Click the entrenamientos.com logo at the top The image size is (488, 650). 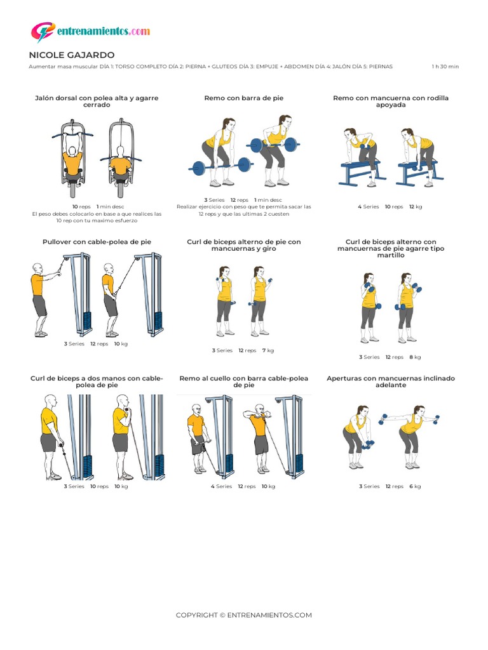(90, 31)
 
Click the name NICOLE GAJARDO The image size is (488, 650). (72, 55)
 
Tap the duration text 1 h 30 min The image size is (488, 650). (445, 67)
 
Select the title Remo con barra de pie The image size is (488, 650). (243, 98)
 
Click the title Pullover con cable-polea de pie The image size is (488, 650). (97, 242)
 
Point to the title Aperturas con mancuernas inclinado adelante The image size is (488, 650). (391, 381)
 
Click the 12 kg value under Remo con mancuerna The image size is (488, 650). (416, 206)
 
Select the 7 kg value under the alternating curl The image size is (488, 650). (268, 350)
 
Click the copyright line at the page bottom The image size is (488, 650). (244, 615)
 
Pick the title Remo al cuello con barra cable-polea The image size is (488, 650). (243, 381)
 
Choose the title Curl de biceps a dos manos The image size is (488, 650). (97, 381)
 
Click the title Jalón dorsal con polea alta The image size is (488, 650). (97, 102)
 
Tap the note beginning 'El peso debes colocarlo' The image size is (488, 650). (97, 217)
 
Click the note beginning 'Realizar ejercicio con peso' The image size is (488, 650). (243, 210)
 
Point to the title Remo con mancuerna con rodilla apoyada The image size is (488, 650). (391, 102)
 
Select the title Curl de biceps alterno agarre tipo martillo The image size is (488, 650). (391, 248)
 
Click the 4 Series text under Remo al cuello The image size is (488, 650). (221, 486)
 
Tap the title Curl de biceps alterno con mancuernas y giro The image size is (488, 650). (243, 245)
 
